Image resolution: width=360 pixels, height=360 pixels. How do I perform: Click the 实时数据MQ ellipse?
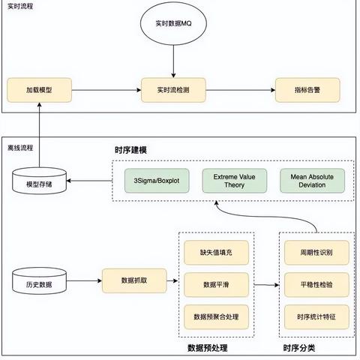pos(173,23)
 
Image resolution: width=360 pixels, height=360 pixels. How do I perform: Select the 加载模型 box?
pos(39,90)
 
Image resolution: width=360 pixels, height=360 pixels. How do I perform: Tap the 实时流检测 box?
pos(173,90)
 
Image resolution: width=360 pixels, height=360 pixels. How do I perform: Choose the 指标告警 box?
pos(307,90)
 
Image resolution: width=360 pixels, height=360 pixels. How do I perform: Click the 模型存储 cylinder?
pos(39,181)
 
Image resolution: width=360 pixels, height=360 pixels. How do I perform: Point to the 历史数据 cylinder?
pos(39,280)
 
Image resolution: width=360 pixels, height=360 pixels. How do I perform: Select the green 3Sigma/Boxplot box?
pos(157,181)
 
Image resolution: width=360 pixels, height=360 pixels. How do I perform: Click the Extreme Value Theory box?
pos(235,181)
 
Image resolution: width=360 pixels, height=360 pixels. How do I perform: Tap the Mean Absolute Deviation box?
pos(312,181)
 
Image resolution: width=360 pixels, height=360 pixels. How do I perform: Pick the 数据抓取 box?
pos(134,280)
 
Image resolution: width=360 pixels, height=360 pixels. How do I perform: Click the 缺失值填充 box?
pos(216,253)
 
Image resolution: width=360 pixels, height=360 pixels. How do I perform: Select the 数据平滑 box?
pos(216,285)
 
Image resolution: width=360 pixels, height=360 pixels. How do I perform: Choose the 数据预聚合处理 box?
pos(216,317)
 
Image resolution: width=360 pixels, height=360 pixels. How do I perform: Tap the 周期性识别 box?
pos(316,253)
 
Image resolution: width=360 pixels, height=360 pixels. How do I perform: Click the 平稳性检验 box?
pos(316,285)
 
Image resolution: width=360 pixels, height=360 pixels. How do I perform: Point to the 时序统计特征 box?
pos(316,317)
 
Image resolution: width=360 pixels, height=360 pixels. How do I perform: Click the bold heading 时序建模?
pos(130,150)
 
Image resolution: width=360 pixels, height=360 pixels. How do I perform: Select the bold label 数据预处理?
pos(208,348)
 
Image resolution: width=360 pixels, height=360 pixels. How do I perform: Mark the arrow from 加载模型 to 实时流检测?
pos(106,90)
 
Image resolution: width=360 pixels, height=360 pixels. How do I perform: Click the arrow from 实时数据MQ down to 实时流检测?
pos(173,61)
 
